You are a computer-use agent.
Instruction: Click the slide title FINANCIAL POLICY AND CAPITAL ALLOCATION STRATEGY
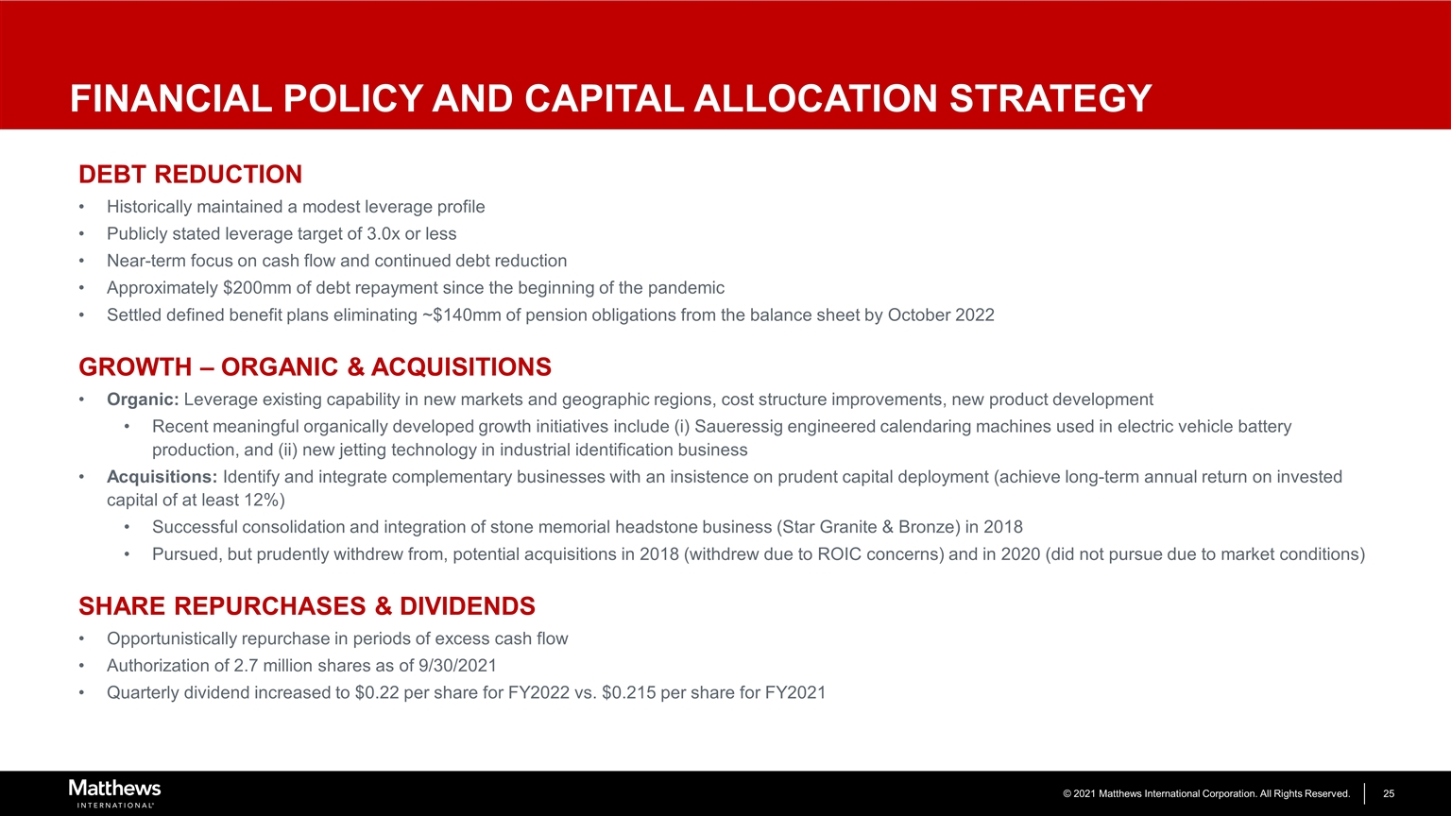coord(610,98)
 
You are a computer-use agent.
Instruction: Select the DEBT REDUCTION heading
coord(190,175)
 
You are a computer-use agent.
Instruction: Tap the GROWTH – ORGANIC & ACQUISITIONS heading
coord(315,366)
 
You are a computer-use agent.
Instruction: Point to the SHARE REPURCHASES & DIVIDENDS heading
coord(306,605)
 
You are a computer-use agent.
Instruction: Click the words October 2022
coord(941,315)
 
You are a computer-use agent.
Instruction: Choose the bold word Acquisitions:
coord(162,477)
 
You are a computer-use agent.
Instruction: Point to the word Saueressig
coord(737,427)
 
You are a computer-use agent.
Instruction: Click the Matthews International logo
coord(114,792)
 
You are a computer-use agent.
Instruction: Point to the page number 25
coord(1389,793)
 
